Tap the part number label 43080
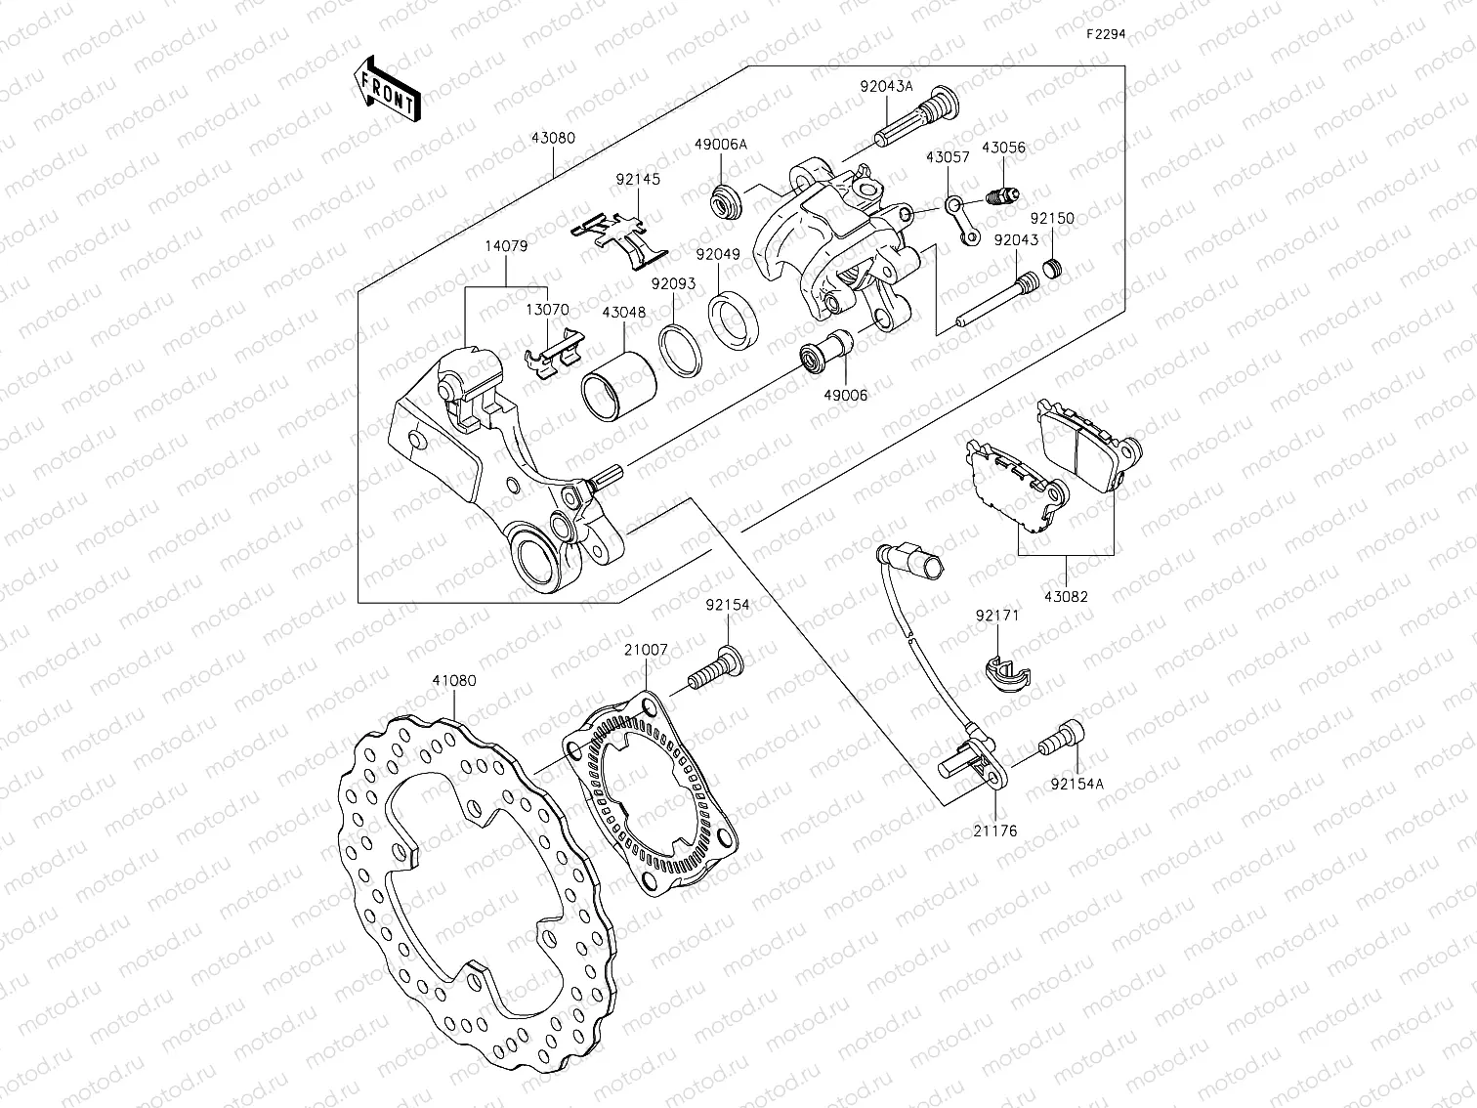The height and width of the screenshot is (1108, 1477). tap(553, 138)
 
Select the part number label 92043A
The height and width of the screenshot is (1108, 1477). tap(886, 85)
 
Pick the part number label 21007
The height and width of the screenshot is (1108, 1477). tap(647, 649)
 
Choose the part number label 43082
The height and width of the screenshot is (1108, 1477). tap(1065, 596)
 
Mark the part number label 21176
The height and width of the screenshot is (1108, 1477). tap(994, 831)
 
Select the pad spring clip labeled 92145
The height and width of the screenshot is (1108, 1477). tap(619, 237)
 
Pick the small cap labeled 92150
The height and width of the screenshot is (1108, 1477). tap(1052, 267)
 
